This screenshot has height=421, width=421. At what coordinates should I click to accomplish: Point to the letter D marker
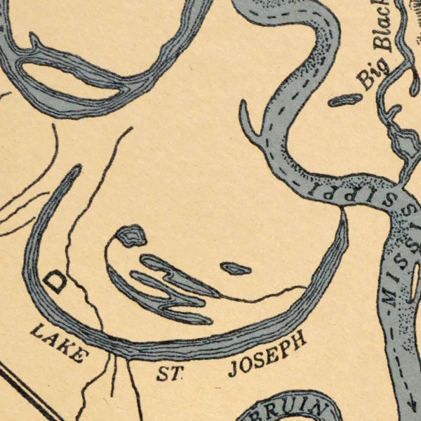coord(55,281)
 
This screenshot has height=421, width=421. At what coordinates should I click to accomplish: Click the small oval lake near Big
coord(346,100)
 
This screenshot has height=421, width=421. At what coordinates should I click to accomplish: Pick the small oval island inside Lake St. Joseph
coord(236,268)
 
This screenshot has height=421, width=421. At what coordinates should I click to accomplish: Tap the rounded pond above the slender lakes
coord(131,235)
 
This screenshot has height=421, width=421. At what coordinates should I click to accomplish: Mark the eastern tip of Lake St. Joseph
coord(343,214)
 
